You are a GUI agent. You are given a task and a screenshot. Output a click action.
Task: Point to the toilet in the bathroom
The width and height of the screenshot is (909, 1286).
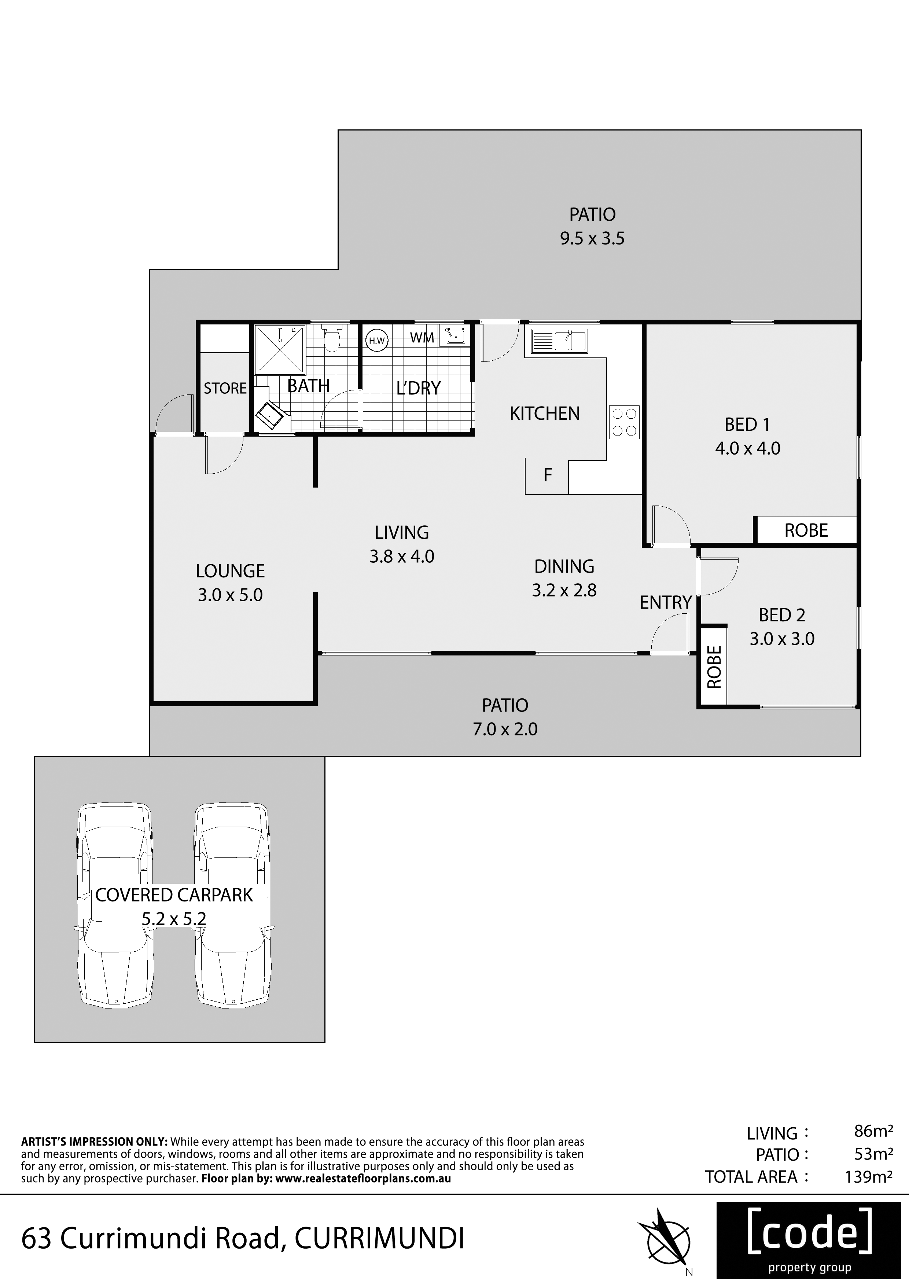tap(332, 339)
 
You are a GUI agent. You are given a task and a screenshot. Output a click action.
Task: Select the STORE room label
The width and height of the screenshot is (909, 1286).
tap(225, 388)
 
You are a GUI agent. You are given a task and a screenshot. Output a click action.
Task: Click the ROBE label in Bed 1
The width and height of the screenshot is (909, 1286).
tap(806, 530)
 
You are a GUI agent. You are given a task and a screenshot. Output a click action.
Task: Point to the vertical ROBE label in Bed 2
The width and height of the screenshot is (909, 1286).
tap(714, 667)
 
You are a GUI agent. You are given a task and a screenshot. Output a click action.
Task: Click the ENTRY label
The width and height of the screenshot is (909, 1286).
tap(666, 603)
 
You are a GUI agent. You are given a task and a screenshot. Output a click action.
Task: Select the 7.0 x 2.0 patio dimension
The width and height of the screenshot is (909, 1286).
tap(505, 729)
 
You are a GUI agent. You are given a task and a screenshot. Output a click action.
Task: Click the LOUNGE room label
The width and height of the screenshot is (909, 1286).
tap(230, 571)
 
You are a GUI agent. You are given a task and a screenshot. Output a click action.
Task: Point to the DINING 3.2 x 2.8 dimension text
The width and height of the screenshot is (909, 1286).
tap(564, 590)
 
